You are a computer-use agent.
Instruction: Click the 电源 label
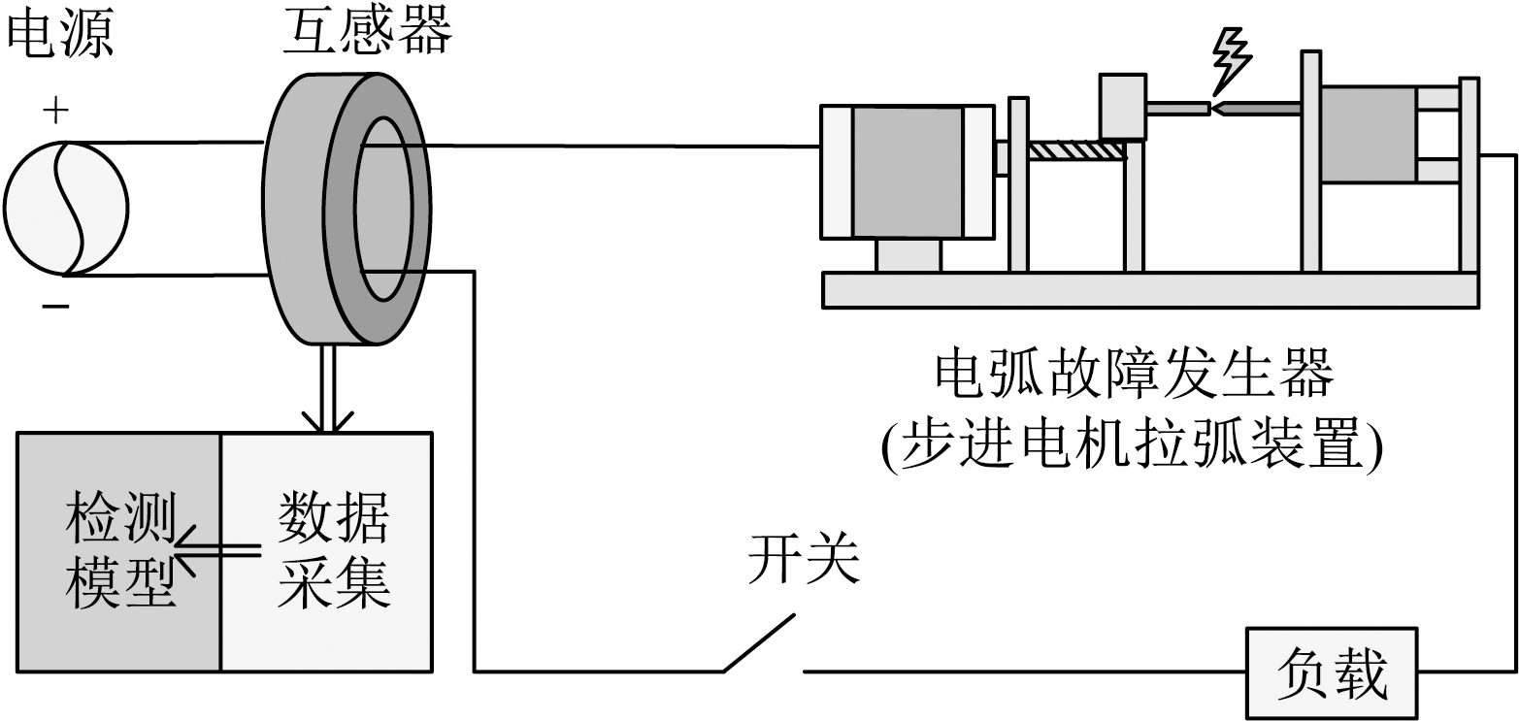60,35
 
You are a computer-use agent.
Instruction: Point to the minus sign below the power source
55,307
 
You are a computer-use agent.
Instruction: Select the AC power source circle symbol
65,209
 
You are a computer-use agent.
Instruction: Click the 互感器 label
367,33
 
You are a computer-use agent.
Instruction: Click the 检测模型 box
119,551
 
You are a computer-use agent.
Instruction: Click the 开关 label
804,561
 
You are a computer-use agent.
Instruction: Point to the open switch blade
763,640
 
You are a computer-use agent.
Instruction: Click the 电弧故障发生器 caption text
1133,375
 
